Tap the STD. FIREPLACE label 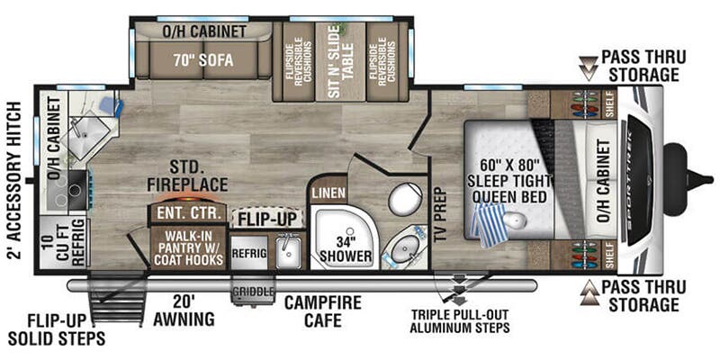pos(189,176)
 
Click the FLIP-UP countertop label pos(266,217)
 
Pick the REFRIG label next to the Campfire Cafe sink pos(249,254)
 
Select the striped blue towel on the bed pos(491,223)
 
